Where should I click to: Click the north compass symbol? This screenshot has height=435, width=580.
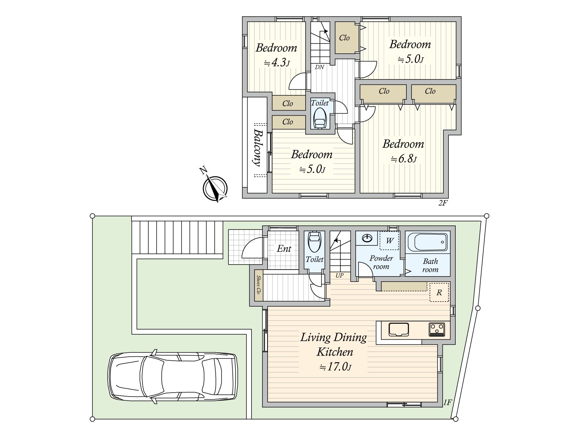(x=215, y=187)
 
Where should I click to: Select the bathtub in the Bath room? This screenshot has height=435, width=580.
(x=428, y=242)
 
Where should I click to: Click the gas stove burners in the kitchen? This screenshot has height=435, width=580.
(x=436, y=330)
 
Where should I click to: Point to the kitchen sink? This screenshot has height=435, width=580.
(x=399, y=330)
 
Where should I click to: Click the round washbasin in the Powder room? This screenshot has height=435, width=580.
(x=367, y=239)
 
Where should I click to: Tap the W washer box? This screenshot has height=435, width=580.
(x=389, y=240)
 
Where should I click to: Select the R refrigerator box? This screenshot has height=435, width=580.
(x=439, y=293)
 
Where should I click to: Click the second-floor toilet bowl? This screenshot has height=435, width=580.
(x=320, y=118)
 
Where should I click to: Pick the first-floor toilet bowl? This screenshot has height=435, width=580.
(x=314, y=242)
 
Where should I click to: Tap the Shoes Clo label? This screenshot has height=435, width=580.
(x=259, y=285)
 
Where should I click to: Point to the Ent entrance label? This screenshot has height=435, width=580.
(x=284, y=249)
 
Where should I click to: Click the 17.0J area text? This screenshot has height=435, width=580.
(x=335, y=367)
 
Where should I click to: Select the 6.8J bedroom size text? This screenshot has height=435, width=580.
(x=403, y=159)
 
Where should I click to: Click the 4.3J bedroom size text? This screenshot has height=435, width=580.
(x=277, y=63)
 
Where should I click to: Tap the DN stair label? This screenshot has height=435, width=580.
(x=319, y=67)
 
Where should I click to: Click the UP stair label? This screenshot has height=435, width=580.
(x=340, y=275)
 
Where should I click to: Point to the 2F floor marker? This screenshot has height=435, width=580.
(x=443, y=203)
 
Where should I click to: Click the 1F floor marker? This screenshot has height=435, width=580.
(x=448, y=402)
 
